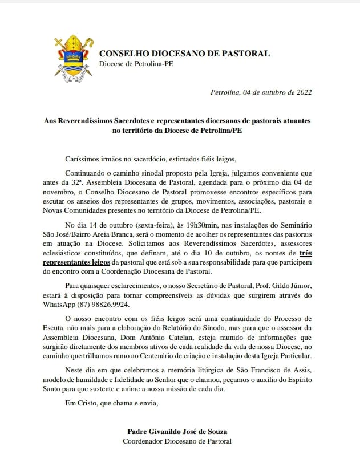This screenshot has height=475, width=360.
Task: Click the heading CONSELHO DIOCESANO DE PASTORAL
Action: pos(184,54)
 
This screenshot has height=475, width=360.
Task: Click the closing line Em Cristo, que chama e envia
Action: pos(111,404)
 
